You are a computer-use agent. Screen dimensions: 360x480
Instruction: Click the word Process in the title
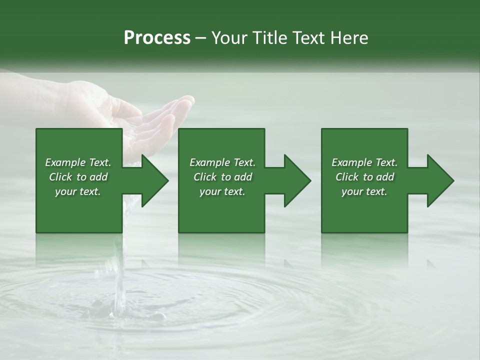click(157, 38)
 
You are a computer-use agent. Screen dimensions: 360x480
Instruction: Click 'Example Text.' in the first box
click(78, 162)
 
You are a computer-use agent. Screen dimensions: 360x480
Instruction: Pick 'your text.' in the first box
click(78, 191)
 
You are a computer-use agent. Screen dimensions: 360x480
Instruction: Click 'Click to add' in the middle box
click(222, 177)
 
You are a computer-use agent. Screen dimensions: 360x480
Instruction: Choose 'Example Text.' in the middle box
click(222, 162)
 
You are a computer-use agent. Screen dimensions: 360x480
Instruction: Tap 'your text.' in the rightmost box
click(364, 191)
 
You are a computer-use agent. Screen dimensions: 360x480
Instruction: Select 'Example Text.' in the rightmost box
click(364, 162)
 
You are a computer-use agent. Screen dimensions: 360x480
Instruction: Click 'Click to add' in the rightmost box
click(364, 177)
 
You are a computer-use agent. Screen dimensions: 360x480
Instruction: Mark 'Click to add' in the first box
click(78, 177)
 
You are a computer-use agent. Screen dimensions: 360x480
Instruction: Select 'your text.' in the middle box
click(222, 191)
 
